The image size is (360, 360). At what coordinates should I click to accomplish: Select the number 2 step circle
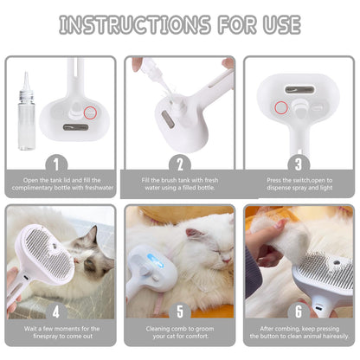coord(179,162)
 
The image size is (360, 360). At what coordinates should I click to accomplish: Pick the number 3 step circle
coord(298,162)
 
